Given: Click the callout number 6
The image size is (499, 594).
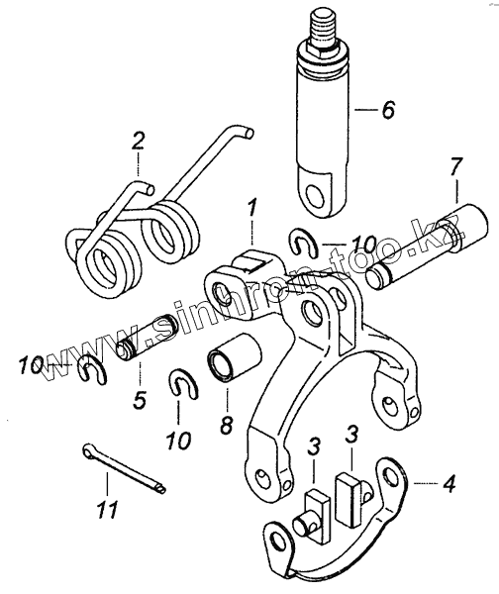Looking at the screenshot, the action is (x=387, y=110).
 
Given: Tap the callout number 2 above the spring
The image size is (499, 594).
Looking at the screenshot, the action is (x=138, y=141).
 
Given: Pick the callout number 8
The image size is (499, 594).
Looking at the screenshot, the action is (x=227, y=425).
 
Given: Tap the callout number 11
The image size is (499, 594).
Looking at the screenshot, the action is (x=107, y=509).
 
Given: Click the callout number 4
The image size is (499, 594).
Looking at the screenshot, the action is (x=449, y=483).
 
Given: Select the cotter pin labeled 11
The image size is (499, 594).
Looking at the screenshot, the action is (x=125, y=468).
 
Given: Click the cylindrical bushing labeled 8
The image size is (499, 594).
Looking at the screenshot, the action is (x=235, y=355).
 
